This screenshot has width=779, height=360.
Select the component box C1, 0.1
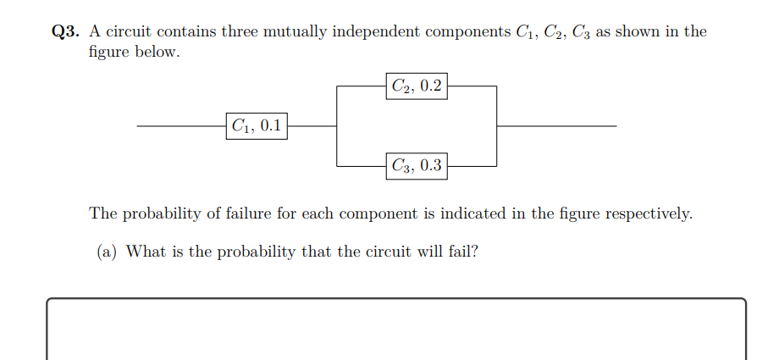[257, 127]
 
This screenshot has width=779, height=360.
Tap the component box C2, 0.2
[417, 86]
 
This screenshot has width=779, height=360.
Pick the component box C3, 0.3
[417, 165]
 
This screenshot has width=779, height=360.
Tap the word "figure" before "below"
[109, 52]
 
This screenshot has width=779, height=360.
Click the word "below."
[157, 52]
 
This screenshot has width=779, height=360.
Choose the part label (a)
[106, 252]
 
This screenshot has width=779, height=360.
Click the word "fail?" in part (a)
[459, 252]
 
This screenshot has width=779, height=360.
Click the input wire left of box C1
[181, 126]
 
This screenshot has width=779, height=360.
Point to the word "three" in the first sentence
[239, 32]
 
